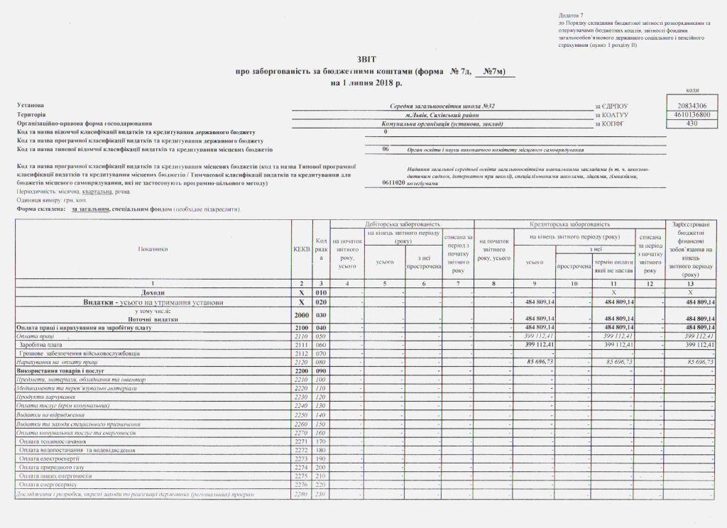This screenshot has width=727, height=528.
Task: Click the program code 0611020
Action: point(393,182)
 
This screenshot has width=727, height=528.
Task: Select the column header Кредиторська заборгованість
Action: point(570,224)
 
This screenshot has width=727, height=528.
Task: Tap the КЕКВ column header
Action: point(302,249)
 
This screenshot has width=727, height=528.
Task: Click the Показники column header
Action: point(153,249)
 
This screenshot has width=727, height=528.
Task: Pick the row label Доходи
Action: point(153,292)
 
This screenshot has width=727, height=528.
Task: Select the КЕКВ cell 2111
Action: point(302,344)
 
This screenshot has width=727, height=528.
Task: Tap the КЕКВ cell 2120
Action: point(302,362)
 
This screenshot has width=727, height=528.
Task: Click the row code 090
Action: point(320,370)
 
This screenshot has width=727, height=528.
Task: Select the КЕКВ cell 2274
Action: point(302,468)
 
